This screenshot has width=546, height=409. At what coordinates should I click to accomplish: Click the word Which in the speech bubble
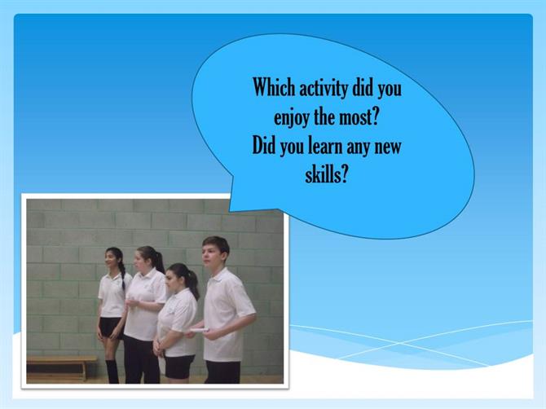tap(274, 86)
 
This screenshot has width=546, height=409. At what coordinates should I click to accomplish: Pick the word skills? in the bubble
tap(326, 174)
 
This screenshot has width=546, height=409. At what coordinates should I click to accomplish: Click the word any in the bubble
tap(358, 148)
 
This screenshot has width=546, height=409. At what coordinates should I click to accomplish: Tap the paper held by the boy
tap(200, 330)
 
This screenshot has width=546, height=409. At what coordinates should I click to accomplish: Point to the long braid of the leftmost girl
tap(122, 276)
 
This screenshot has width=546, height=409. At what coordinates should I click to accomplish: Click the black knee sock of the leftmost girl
tap(112, 371)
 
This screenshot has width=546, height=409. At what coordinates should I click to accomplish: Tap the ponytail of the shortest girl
tap(193, 283)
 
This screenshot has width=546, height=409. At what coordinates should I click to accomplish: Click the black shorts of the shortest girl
tap(179, 366)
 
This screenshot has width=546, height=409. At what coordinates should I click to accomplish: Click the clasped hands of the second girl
tap(132, 303)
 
